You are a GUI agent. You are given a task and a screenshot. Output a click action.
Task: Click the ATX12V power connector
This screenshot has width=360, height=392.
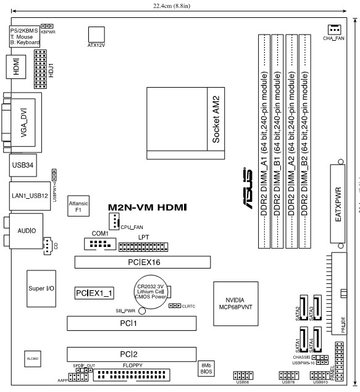pyautogui.click(x=96, y=34)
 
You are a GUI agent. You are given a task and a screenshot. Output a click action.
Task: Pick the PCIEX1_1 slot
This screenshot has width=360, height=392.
pyautogui.click(x=94, y=291)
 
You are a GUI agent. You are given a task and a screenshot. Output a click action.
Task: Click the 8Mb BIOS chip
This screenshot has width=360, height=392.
pyautogui.click(x=207, y=369)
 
